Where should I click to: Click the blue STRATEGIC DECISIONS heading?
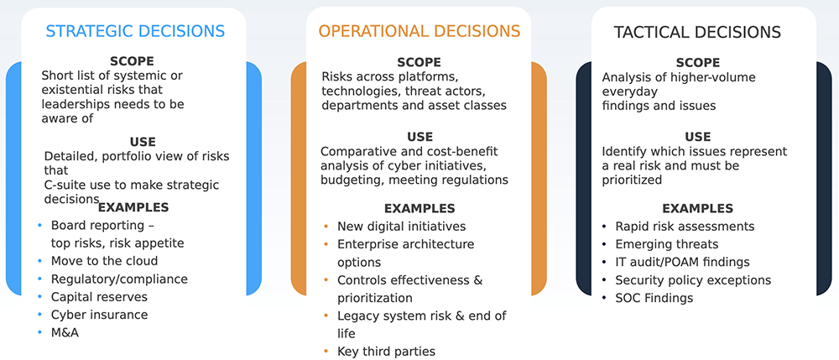(x=135, y=30)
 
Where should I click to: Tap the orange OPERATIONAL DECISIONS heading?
(x=419, y=30)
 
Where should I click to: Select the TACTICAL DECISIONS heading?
(x=697, y=32)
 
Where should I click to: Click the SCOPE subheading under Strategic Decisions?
(x=132, y=61)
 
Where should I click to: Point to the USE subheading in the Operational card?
(x=420, y=137)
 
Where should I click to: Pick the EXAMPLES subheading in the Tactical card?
(x=698, y=208)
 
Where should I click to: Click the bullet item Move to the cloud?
(x=104, y=261)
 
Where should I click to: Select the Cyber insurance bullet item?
(x=100, y=315)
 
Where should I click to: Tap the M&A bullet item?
(x=65, y=332)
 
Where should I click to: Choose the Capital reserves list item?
(x=99, y=296)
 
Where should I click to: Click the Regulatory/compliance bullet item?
(x=119, y=279)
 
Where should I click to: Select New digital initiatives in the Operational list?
(x=401, y=227)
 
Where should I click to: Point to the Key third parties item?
(x=386, y=352)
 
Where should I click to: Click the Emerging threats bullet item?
(x=667, y=244)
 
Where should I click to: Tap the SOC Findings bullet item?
(x=654, y=298)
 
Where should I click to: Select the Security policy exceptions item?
(x=693, y=280)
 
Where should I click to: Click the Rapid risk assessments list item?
(x=685, y=227)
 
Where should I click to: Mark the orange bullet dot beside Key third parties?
(x=326, y=351)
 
